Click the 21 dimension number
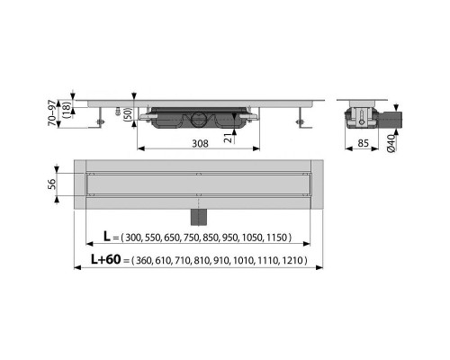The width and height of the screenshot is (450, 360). point(229,136)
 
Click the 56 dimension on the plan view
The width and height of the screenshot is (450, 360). point(53,185)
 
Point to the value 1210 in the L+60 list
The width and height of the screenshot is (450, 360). point(291,262)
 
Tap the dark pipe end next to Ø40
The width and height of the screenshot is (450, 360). point(394,115)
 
